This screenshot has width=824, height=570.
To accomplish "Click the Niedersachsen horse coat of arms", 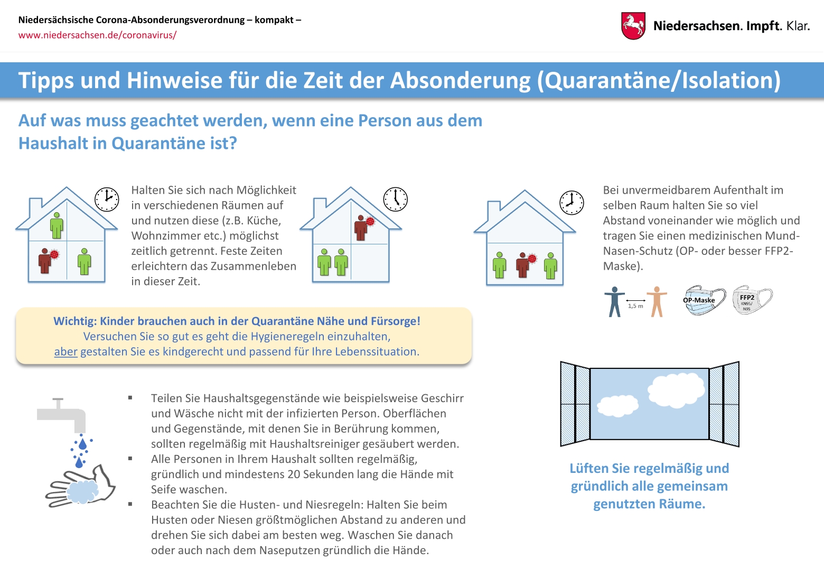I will [633, 26].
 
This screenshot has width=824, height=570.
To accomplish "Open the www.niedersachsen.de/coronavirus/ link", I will [97, 35].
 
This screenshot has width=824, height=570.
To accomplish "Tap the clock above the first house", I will [107, 199].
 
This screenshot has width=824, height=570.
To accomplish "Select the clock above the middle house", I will [395, 199].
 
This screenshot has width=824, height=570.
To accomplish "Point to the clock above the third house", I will [572, 203].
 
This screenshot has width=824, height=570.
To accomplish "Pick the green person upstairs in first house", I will [57, 225].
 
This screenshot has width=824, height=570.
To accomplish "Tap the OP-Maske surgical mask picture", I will [704, 300].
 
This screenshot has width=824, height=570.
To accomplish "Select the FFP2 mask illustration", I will [752, 300].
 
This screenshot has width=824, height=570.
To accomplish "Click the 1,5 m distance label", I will [635, 306].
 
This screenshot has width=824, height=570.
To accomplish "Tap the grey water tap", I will [63, 414].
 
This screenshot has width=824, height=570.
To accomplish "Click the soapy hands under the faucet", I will [82, 488].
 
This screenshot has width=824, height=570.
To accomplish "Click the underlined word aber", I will [65, 352].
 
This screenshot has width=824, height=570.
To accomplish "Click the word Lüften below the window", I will [588, 469].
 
